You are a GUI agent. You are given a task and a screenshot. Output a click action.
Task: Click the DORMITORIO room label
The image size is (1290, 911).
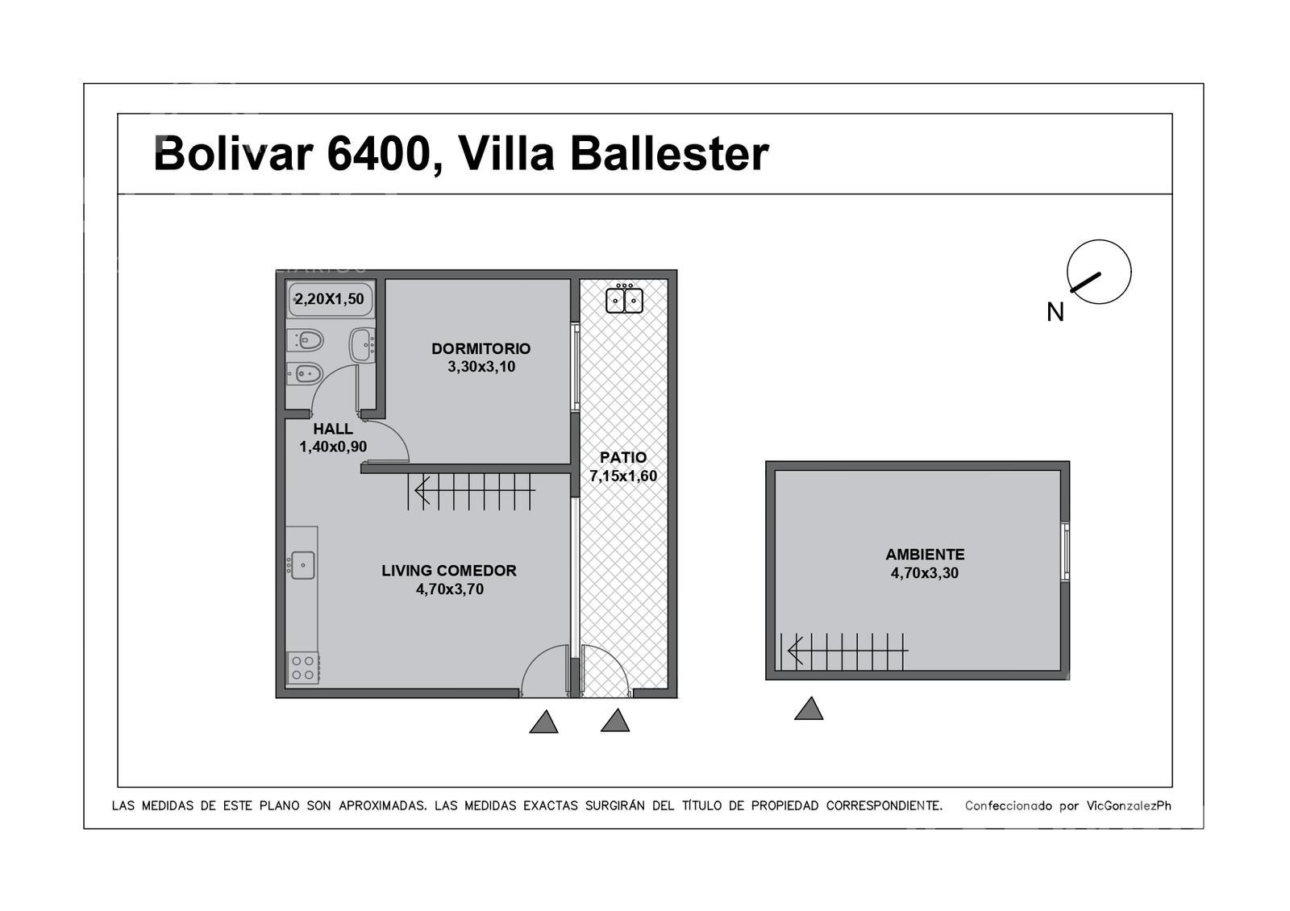(481, 348)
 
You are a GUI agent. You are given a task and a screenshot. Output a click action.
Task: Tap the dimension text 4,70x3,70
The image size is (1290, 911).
(450, 589)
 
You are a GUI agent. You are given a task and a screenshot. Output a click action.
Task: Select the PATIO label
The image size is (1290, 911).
(623, 457)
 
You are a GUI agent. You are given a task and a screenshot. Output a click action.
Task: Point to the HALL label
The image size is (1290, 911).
(333, 428)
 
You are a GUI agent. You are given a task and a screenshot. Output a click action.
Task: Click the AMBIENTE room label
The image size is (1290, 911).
(925, 555)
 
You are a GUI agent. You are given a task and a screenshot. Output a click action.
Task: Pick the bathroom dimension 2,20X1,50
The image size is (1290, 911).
(330, 299)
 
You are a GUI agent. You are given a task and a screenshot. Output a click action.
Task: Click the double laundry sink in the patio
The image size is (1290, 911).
(624, 299)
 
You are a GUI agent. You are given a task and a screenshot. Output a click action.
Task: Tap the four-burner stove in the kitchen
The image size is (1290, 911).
(303, 668)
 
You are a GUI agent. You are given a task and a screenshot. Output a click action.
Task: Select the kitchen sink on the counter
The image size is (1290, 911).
(302, 565)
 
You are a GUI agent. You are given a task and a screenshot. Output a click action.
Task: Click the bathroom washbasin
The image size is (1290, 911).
(362, 345)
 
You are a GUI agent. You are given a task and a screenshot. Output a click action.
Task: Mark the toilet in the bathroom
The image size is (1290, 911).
(306, 341)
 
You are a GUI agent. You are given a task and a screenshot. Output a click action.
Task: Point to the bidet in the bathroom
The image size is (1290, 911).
(305, 374)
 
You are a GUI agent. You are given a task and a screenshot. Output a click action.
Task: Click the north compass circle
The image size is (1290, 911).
(1099, 272)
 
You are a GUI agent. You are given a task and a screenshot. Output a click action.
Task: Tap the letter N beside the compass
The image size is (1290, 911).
(1055, 313)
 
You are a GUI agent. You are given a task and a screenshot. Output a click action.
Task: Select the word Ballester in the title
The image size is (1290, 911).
(670, 154)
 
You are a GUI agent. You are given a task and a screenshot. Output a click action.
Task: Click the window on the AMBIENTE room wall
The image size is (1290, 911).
(1065, 551)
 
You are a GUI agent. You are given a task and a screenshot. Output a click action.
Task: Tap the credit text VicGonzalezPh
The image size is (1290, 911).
(1129, 806)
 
